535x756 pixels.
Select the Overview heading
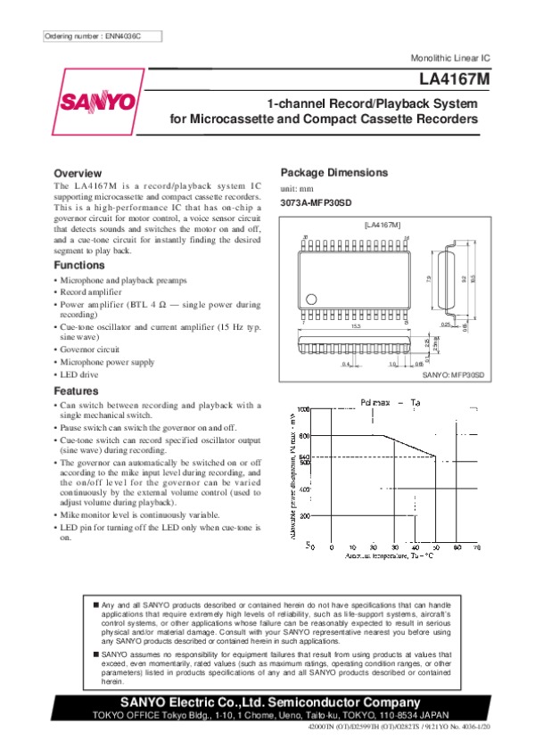(78, 173)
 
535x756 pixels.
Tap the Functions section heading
(79, 266)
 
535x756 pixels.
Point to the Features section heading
(77, 391)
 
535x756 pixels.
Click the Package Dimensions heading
(333, 172)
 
